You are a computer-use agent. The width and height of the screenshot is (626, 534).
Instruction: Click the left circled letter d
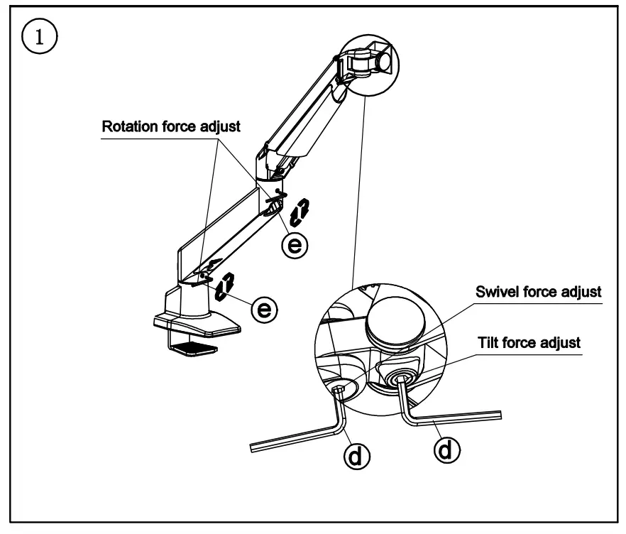(359, 454)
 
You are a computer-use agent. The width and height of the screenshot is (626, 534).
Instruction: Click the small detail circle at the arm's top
(368, 59)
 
